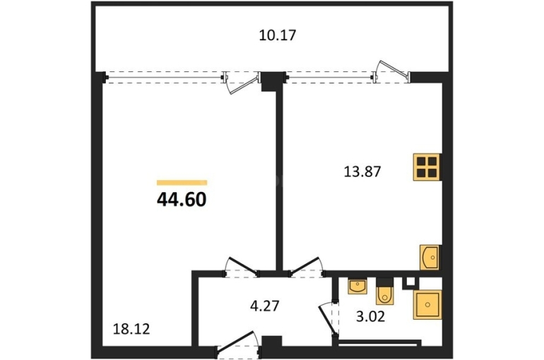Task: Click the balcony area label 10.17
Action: point(278,35)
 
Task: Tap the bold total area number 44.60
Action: point(182,200)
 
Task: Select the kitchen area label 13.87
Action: point(362,172)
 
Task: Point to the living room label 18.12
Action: point(131,329)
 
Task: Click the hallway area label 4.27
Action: point(265,306)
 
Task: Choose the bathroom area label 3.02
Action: point(370,317)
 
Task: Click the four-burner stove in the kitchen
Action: point(427,167)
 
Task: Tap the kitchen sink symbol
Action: point(430,258)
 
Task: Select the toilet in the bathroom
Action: point(385,292)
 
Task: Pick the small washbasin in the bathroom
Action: point(357,286)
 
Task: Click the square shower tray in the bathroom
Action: point(427,304)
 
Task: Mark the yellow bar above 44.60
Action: point(182,183)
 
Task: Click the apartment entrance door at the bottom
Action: point(238,344)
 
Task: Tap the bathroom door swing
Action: point(328,319)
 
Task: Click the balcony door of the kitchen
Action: point(391,72)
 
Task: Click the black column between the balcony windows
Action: point(272,81)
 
